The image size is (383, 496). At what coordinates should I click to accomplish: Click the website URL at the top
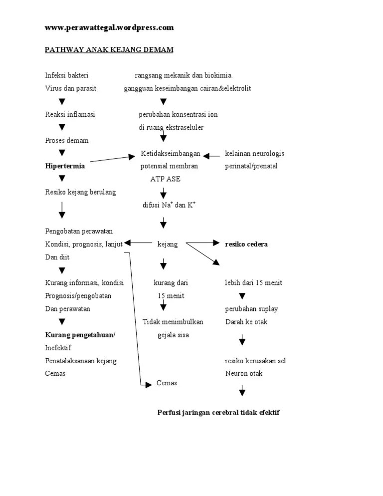point(109,28)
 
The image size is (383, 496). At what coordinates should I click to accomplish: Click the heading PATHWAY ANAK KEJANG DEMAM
point(109,50)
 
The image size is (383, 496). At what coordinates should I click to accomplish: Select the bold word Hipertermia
point(65,166)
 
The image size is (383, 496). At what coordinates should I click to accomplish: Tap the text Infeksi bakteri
point(67,75)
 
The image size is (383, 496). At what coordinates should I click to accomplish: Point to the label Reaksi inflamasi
point(70,114)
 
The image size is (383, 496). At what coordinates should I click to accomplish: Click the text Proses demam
point(67,141)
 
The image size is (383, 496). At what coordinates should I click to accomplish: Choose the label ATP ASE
point(165,179)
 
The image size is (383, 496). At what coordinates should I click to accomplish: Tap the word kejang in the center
point(167,244)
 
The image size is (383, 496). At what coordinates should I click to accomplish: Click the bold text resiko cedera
point(246,244)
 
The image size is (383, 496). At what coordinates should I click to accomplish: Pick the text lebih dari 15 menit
point(253,283)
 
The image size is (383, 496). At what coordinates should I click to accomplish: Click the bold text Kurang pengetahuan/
point(80,335)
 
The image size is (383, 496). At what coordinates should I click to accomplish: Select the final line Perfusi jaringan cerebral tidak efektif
point(218,413)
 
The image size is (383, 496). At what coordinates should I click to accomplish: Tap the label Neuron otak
point(244,373)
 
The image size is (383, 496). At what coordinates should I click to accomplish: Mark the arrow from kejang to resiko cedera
point(202,244)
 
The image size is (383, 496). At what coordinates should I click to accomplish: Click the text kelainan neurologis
point(254,153)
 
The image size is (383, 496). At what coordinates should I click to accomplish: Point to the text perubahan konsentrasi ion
point(178,114)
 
